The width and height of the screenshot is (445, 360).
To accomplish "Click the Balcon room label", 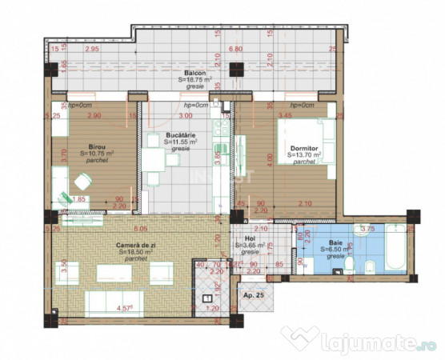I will (x=194, y=72).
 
